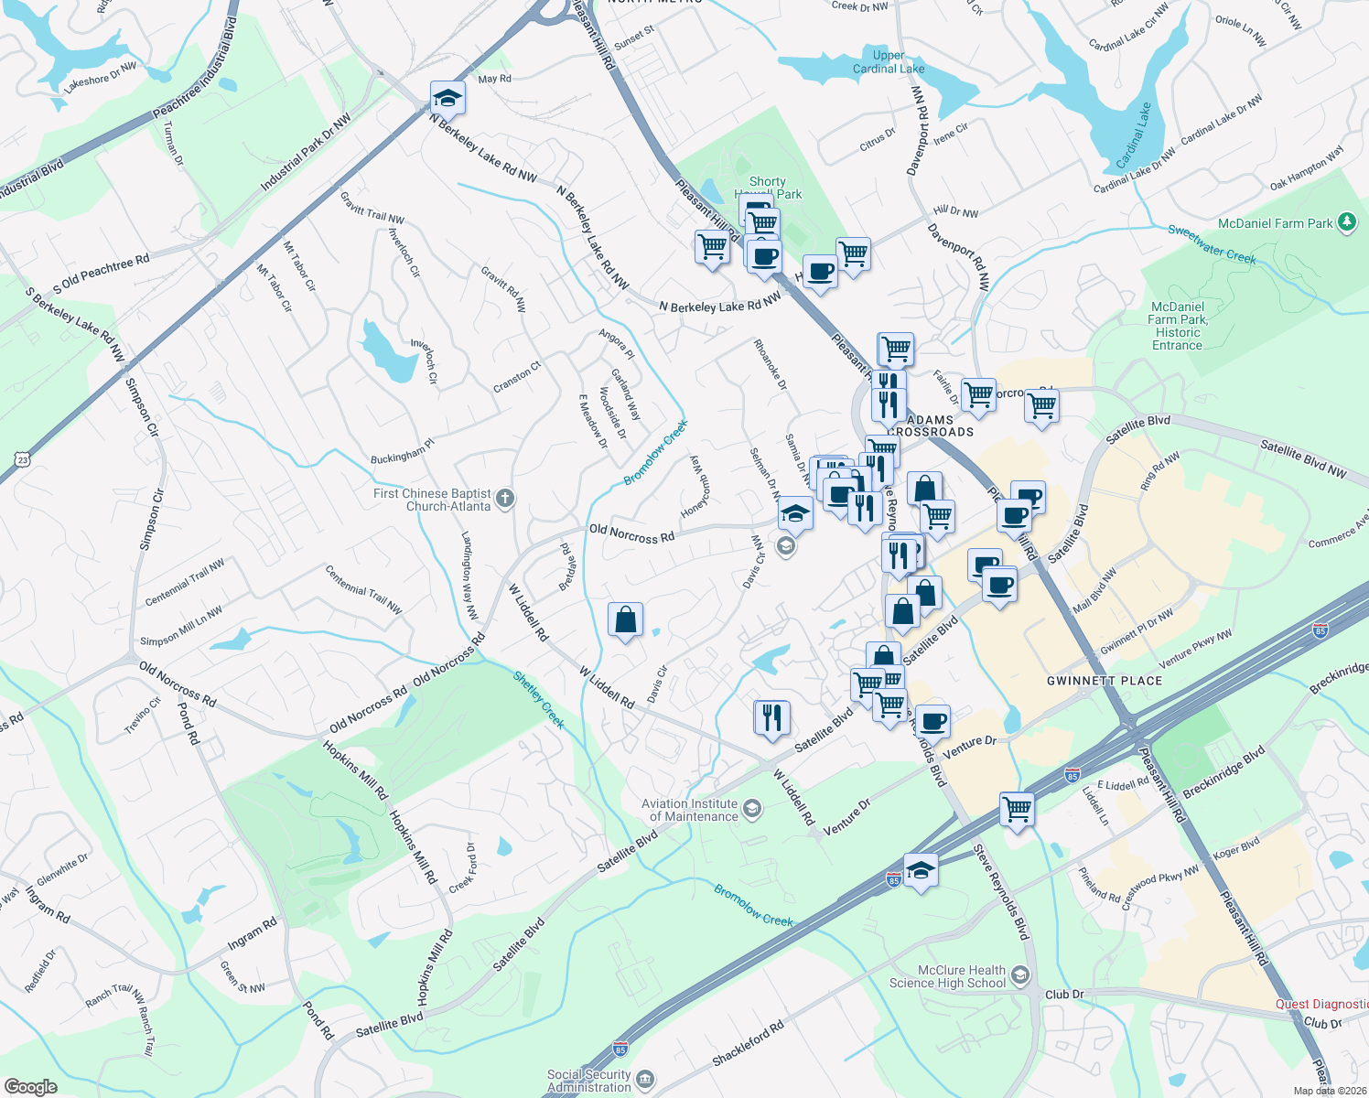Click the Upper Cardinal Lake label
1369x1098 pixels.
tap(888, 62)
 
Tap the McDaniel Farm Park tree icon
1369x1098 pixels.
tap(1346, 222)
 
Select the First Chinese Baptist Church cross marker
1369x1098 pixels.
tap(505, 500)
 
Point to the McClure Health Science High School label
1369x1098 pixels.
tap(948, 976)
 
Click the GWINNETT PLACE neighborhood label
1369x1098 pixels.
tap(1104, 681)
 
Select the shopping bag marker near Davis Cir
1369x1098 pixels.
tap(625, 620)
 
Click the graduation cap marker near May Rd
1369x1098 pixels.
tap(447, 98)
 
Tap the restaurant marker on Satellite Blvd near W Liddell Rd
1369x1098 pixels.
tap(771, 717)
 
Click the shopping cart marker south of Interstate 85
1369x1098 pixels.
tap(1017, 809)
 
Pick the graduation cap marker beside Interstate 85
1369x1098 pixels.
tap(921, 870)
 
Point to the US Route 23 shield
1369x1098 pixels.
tap(23, 460)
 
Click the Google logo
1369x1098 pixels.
tap(30, 1086)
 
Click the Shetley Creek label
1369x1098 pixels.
tap(538, 699)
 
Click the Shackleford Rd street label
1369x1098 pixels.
tap(748, 1043)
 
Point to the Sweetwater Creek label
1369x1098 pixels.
tap(1212, 243)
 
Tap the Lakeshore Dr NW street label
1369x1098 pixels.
tap(100, 77)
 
